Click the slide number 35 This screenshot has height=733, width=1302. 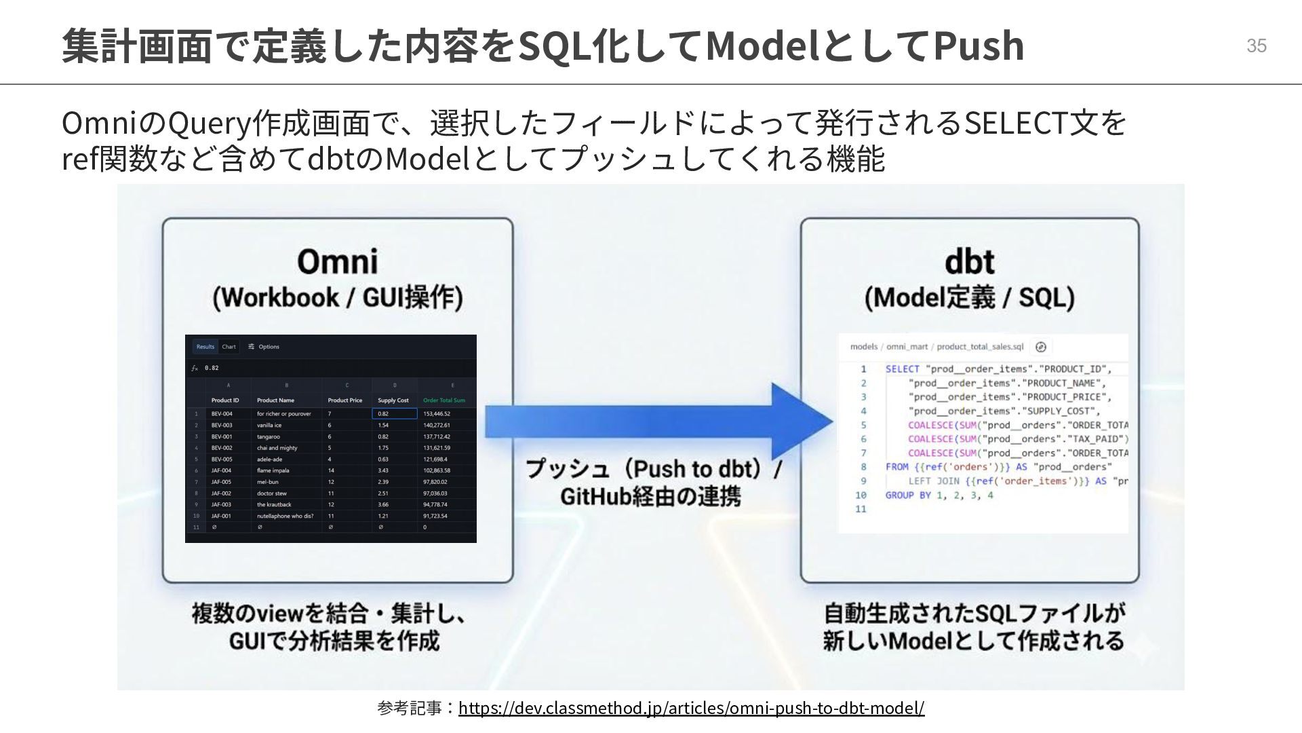pyautogui.click(x=1256, y=45)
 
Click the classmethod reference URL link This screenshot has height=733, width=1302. pyautogui.click(x=690, y=708)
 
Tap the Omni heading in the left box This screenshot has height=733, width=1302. pyautogui.click(x=337, y=261)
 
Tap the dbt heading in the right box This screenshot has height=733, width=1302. pyautogui.click(x=969, y=261)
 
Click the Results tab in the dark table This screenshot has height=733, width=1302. pyautogui.click(x=205, y=347)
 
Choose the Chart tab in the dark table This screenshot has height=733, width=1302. pyautogui.click(x=229, y=347)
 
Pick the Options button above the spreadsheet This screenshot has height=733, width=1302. pyautogui.click(x=264, y=347)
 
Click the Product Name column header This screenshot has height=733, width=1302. pyautogui.click(x=275, y=400)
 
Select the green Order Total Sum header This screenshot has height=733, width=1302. pyautogui.click(x=444, y=400)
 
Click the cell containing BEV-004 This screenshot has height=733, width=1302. pyautogui.click(x=222, y=413)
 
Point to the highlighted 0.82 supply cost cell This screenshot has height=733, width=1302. pyautogui.click(x=394, y=413)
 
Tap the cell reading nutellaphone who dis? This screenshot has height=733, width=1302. pyautogui.click(x=285, y=516)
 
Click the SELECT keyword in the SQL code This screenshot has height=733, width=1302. pyautogui.click(x=902, y=369)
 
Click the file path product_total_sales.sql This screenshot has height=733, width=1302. pyautogui.click(x=980, y=347)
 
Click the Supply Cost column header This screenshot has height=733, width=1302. pyautogui.click(x=393, y=400)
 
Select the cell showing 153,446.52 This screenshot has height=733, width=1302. pyautogui.click(x=437, y=413)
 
